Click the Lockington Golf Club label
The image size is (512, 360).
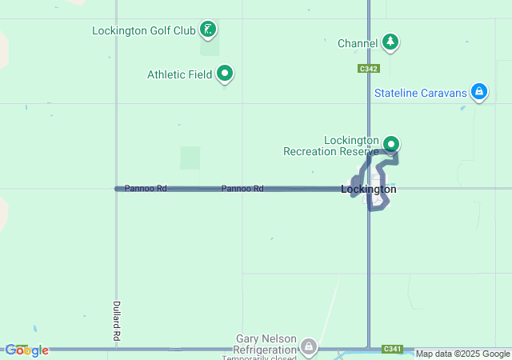[x=144, y=31]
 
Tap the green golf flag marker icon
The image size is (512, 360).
[x=209, y=30]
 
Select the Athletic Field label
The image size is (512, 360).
[x=179, y=74]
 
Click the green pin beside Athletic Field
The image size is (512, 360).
[x=226, y=74]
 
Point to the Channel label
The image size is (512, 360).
[x=357, y=42]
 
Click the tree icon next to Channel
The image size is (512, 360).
[x=390, y=42]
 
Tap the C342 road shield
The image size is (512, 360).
[x=368, y=70]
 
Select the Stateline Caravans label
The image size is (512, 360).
[x=420, y=94]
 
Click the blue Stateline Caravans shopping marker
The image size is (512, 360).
[x=478, y=93]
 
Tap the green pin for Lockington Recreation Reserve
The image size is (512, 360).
[x=391, y=144]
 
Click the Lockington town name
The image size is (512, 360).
[x=368, y=190]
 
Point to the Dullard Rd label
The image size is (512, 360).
[x=116, y=320]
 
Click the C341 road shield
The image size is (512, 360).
[x=392, y=349]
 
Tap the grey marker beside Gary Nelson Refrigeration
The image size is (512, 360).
[x=308, y=348]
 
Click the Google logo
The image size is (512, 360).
[x=26, y=350]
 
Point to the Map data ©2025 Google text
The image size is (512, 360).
[x=462, y=354]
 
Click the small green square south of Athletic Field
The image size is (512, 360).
[x=190, y=157]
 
